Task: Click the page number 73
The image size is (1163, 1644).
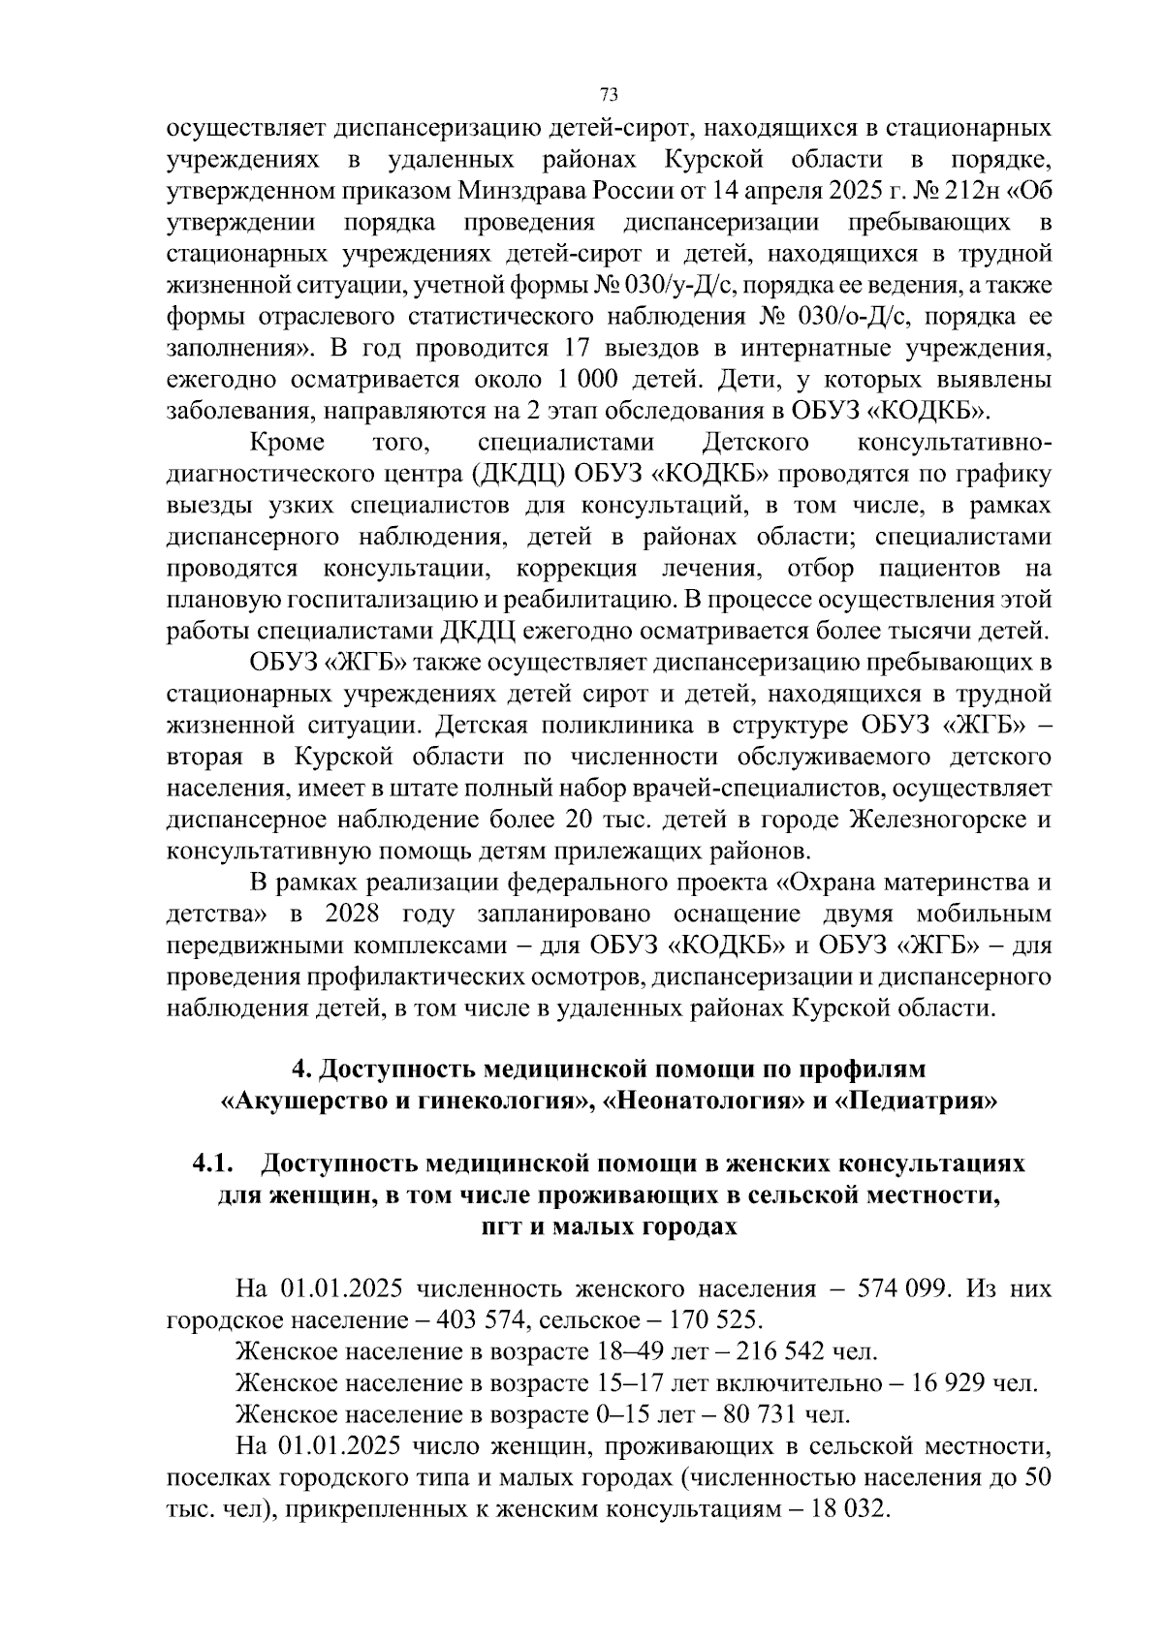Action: click(x=609, y=94)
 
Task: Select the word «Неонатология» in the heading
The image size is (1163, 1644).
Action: click(x=702, y=1101)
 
